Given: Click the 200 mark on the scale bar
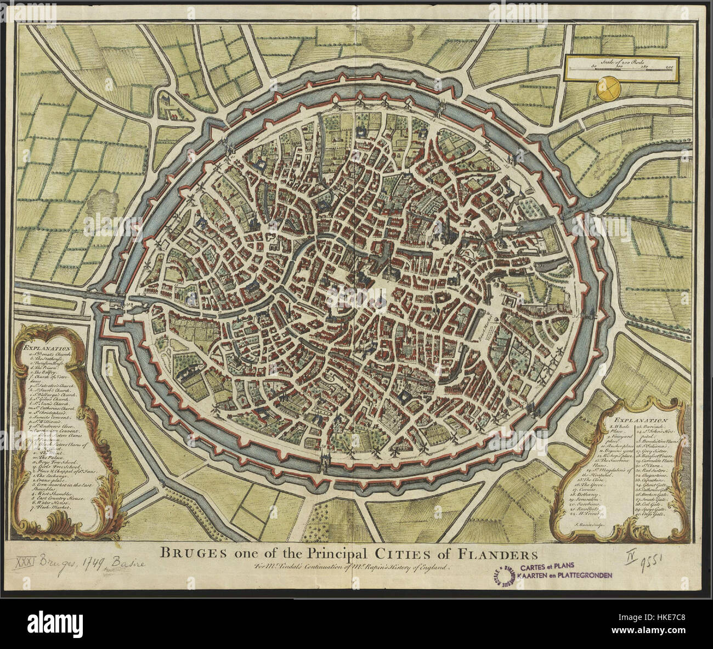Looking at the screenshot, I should pos(669,67).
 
